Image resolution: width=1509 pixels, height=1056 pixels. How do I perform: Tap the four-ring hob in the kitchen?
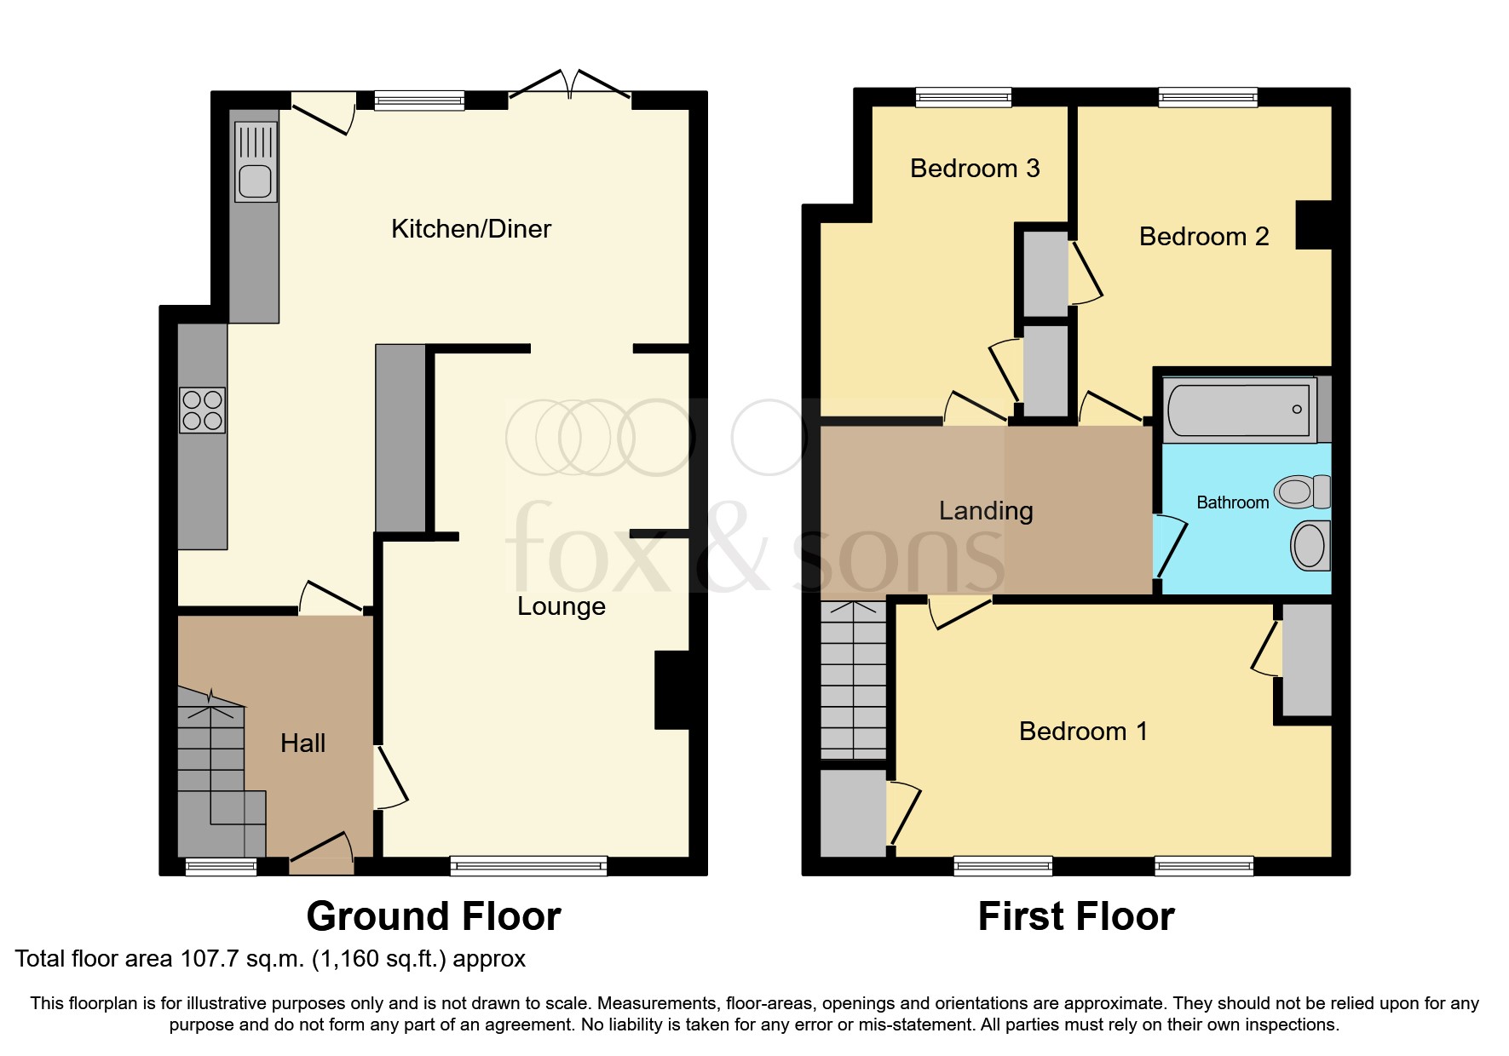point(202,410)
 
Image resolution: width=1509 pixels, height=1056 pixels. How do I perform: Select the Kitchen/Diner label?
point(470,228)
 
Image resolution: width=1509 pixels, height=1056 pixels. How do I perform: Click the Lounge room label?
point(562,606)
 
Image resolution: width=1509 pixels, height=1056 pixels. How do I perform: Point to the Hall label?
point(302,743)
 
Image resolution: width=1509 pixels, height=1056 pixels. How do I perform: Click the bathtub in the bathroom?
point(1238,410)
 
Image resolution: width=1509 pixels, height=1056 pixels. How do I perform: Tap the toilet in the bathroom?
point(1302,491)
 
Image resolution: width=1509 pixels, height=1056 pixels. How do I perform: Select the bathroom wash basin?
point(1310,545)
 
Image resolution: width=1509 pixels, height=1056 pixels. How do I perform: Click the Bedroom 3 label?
point(975,169)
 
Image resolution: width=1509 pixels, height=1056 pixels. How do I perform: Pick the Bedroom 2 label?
point(1203,237)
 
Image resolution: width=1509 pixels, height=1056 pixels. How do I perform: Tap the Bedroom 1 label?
point(1083,732)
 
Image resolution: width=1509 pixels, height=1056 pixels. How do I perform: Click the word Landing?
point(986,511)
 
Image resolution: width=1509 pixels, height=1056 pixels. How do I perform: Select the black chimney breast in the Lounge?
point(672,690)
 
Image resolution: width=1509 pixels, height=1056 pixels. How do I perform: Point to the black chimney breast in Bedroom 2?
point(1313,225)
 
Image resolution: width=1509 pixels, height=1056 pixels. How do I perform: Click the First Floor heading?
point(1075,917)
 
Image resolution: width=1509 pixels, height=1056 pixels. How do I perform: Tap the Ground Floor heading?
point(434,917)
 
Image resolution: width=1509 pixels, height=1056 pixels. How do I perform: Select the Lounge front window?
point(528,866)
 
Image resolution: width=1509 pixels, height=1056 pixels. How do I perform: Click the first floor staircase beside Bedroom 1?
point(853,681)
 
